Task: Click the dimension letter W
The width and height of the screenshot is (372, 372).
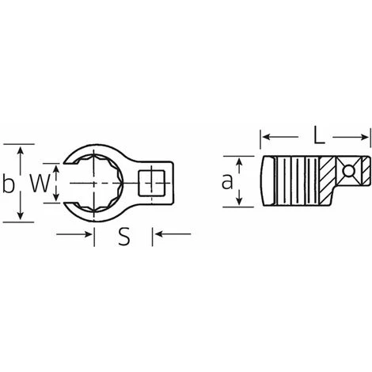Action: [x=40, y=183]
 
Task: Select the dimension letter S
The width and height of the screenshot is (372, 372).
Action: [x=124, y=237]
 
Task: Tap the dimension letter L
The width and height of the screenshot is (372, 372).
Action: [x=319, y=135]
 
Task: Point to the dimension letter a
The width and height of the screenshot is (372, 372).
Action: [x=227, y=181]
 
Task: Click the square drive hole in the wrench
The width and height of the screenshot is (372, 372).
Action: [x=152, y=183]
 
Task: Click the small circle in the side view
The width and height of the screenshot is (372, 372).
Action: [x=348, y=170]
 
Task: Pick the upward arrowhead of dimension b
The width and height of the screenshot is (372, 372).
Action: [x=21, y=150]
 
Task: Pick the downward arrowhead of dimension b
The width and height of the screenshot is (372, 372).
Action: [x=21, y=215]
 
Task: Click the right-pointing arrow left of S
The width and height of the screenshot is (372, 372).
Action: [x=74, y=234]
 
